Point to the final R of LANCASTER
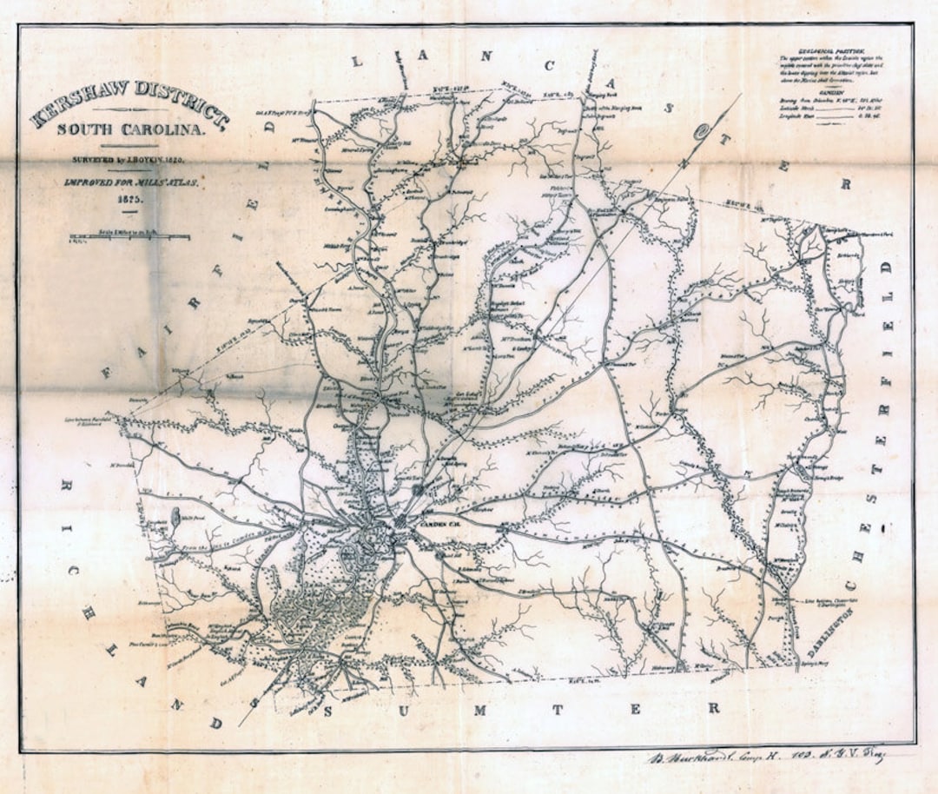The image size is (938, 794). coord(842,184)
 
